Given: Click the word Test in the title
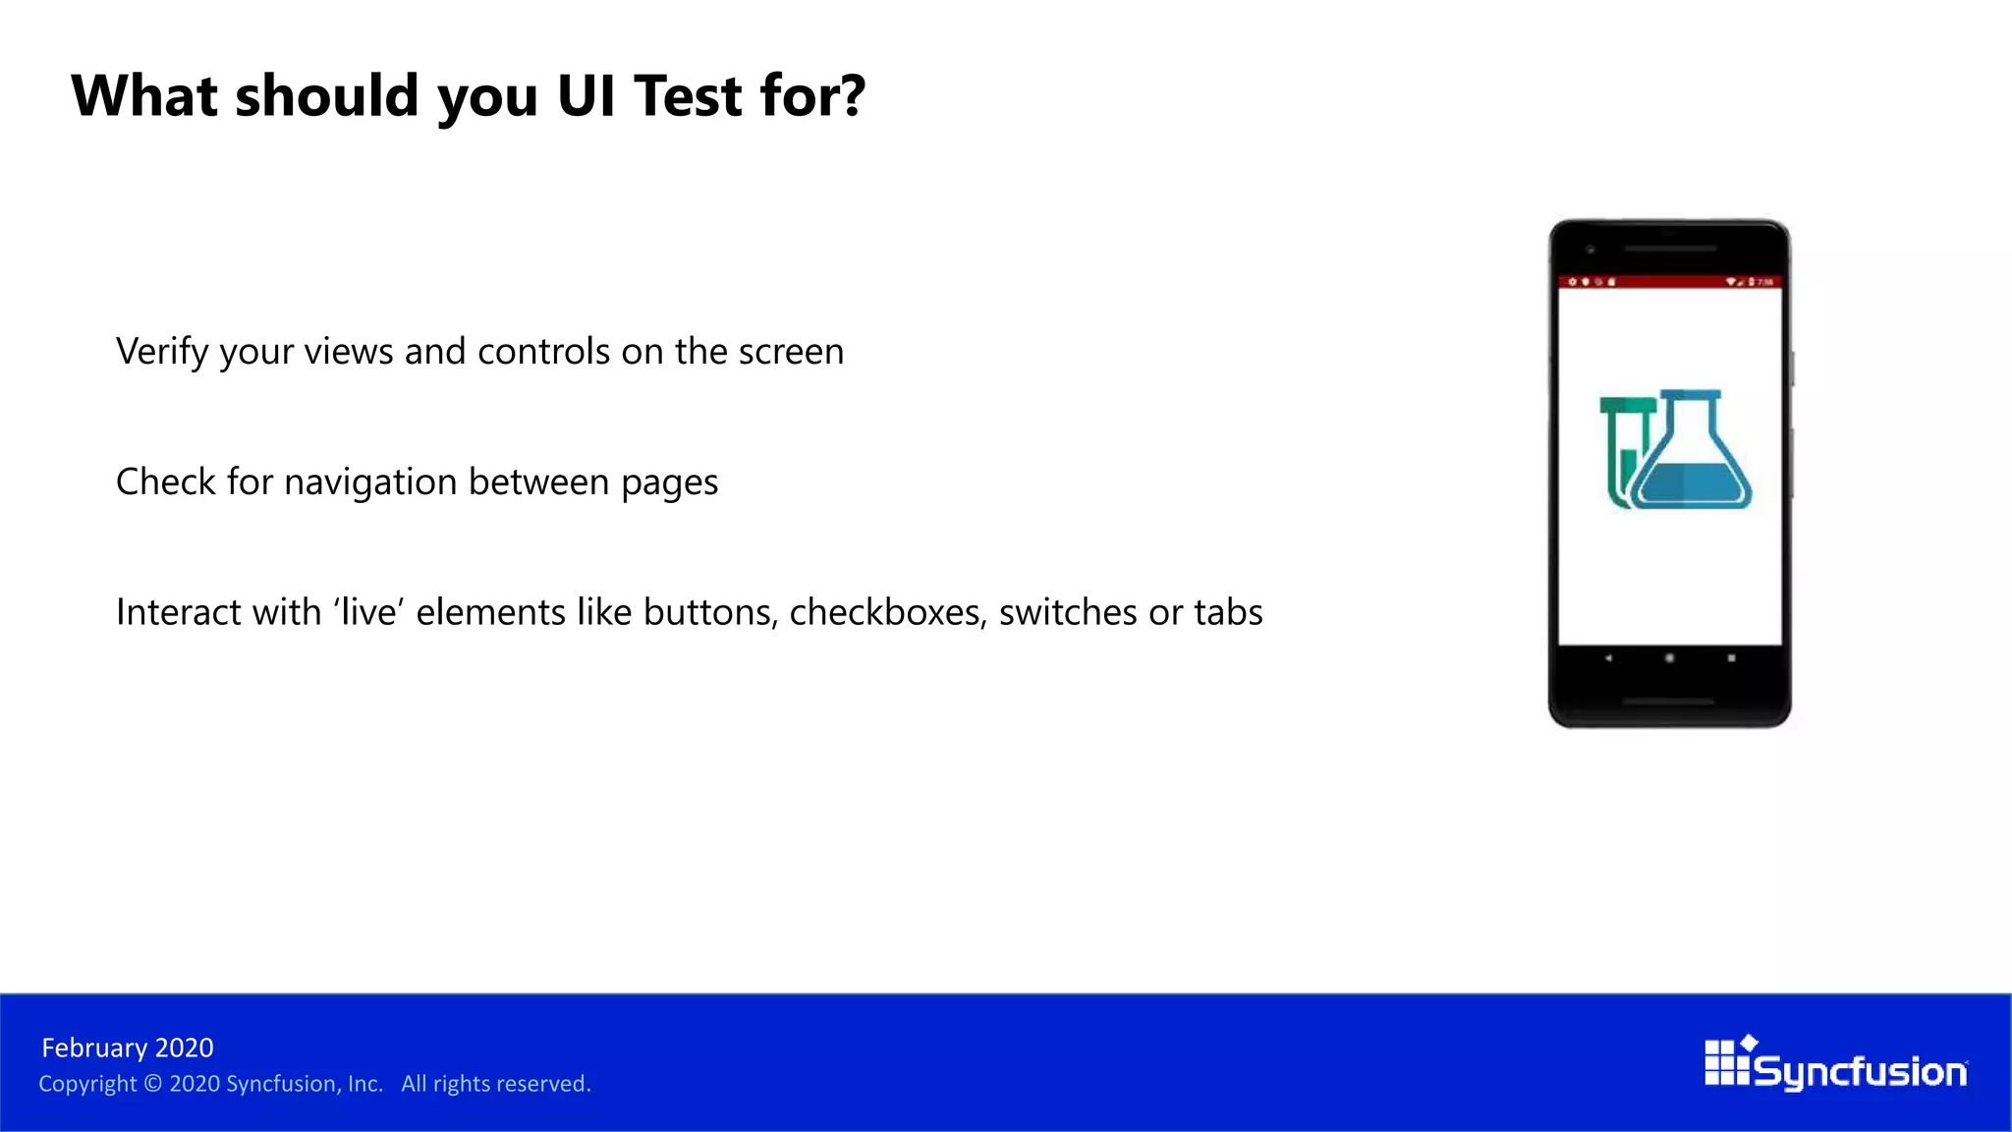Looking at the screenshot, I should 688,96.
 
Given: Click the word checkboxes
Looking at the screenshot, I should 887,612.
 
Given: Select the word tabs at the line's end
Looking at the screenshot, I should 1228,612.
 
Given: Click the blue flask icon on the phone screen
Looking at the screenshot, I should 1693,457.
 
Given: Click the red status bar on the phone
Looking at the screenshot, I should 1669,282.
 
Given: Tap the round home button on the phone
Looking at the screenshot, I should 1669,658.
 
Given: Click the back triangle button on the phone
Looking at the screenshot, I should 1608,658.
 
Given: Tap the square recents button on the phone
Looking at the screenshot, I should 1731,658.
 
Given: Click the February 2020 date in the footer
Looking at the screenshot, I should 128,1048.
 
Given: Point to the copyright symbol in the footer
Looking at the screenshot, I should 152,1084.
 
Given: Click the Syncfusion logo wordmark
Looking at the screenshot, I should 1859,1071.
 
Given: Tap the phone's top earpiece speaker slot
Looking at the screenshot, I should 1669,249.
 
